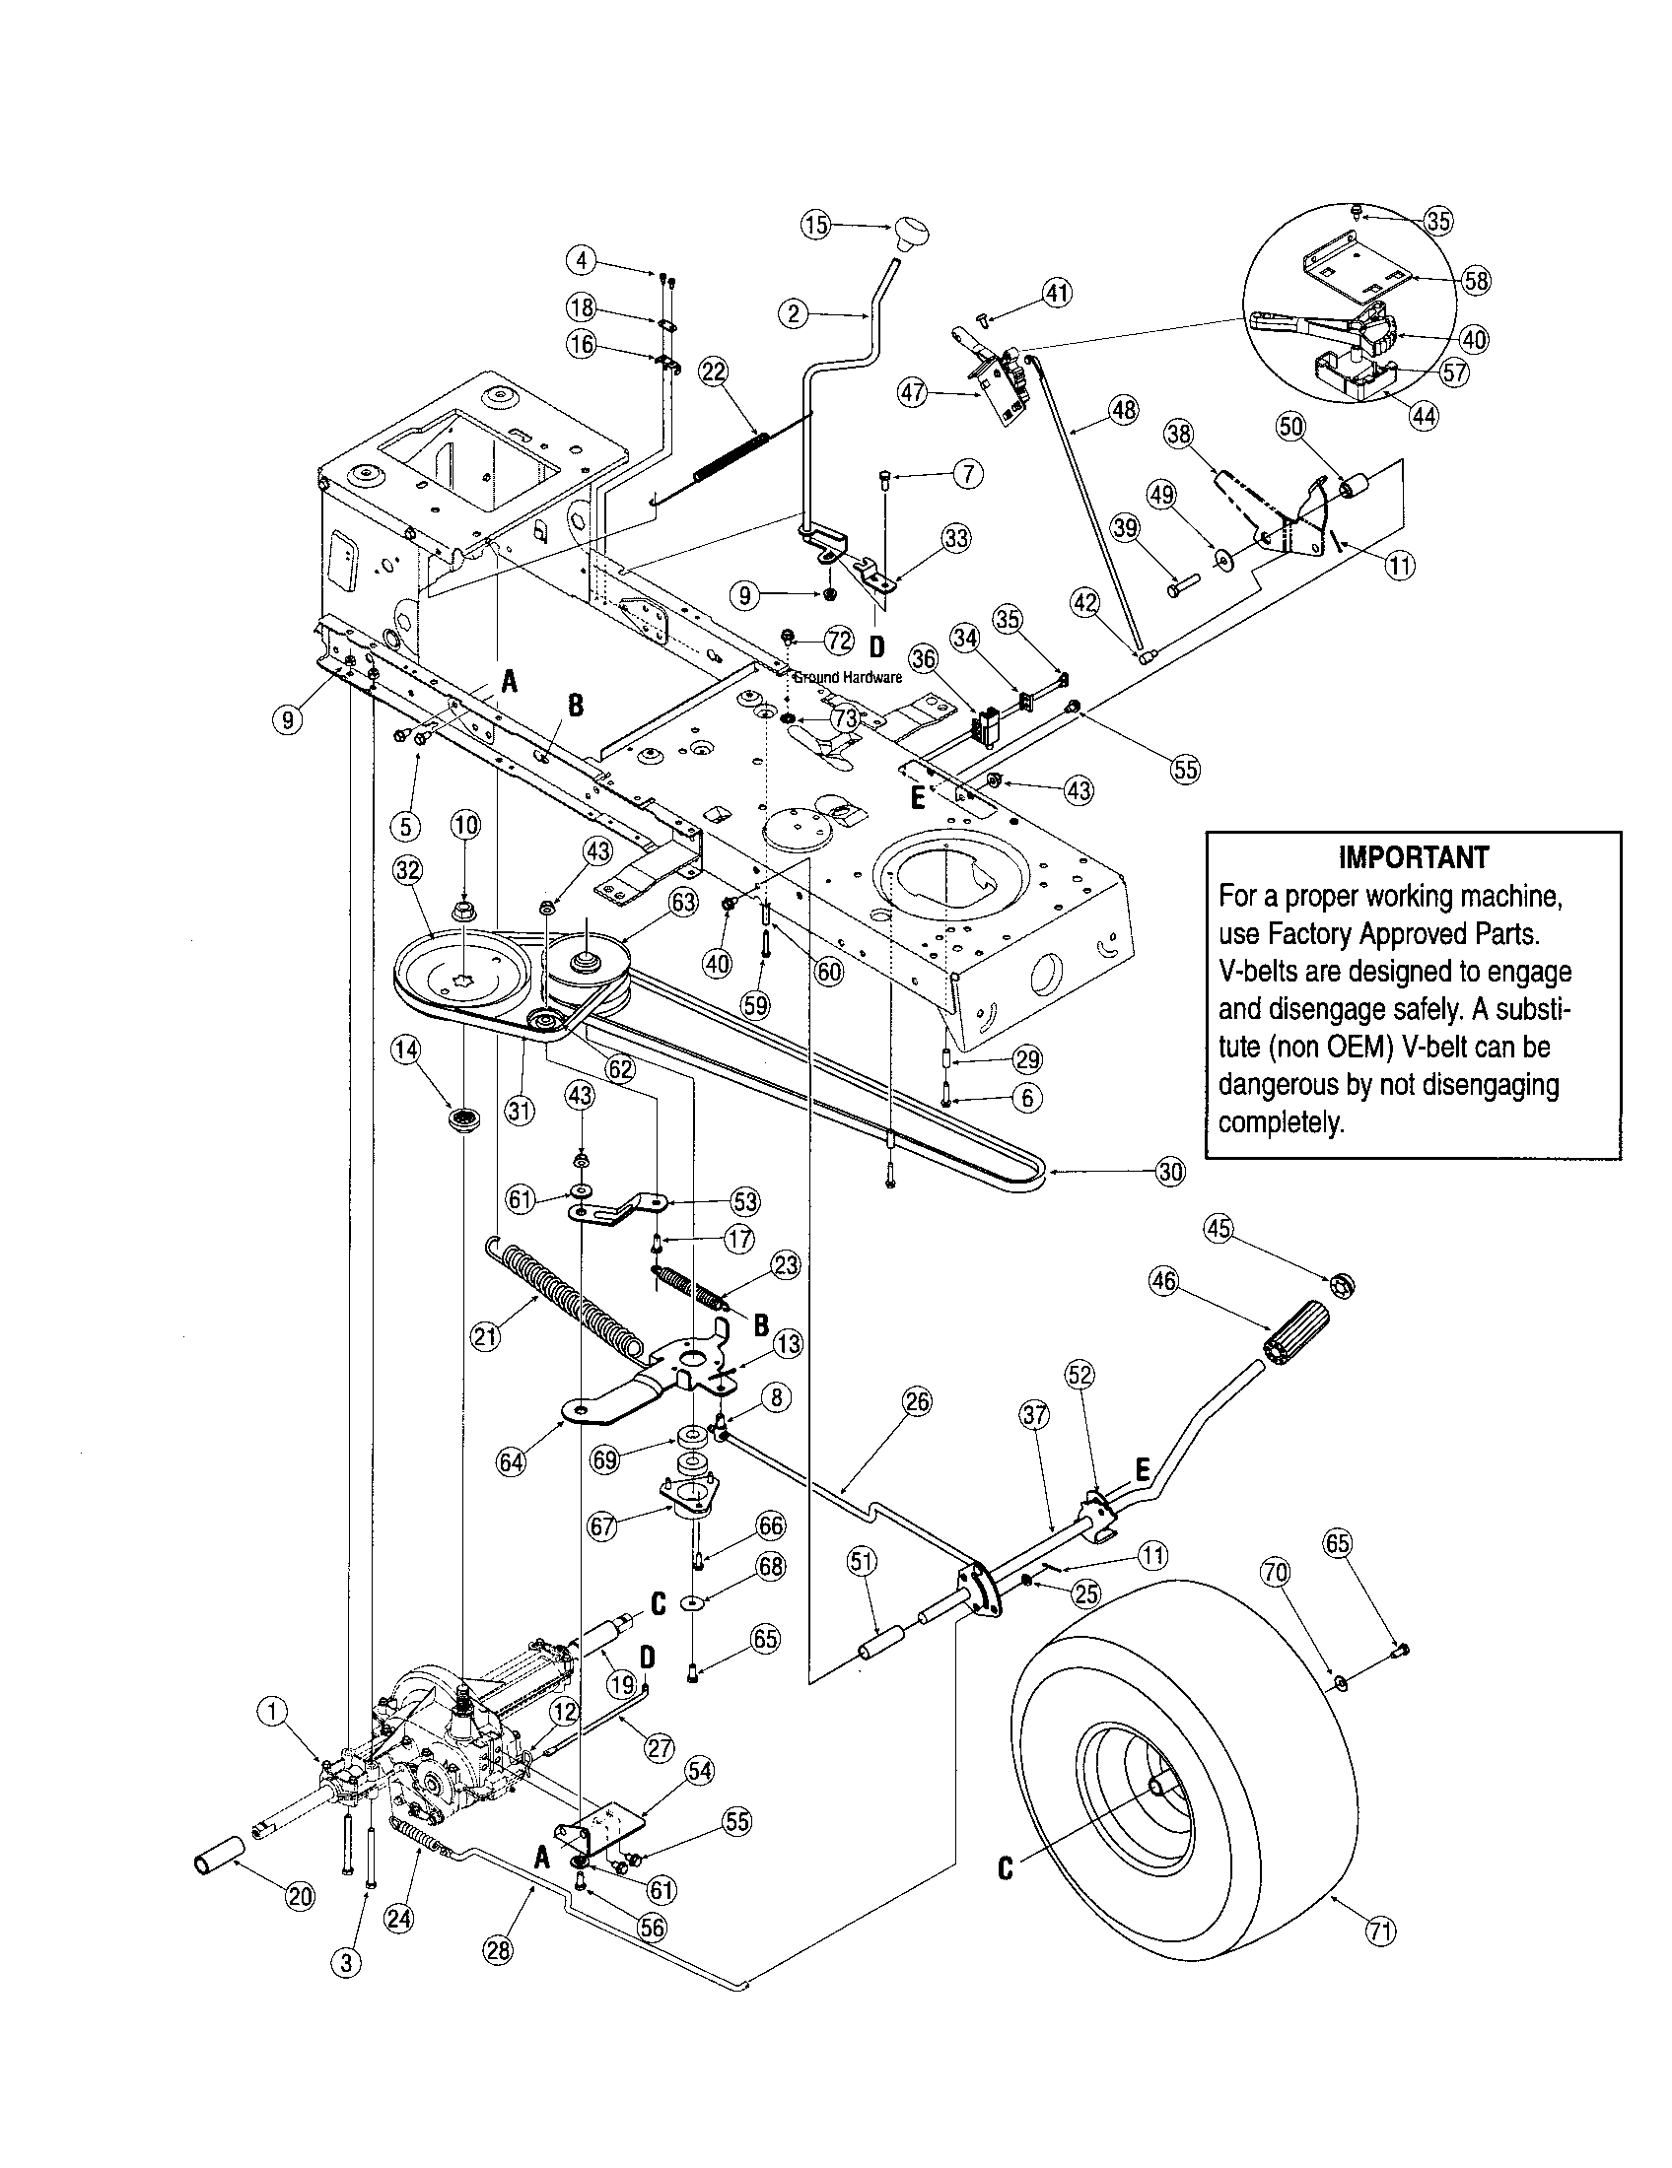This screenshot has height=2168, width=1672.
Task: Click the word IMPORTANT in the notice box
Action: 1413,857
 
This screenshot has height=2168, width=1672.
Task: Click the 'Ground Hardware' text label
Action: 847,678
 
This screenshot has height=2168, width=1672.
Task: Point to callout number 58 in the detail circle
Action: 1477,280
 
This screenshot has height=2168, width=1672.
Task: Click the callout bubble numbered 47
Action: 912,394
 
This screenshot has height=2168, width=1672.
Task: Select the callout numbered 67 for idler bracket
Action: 602,1524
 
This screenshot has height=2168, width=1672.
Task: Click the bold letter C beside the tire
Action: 1006,1869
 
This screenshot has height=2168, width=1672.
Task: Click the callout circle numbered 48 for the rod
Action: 1123,410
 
